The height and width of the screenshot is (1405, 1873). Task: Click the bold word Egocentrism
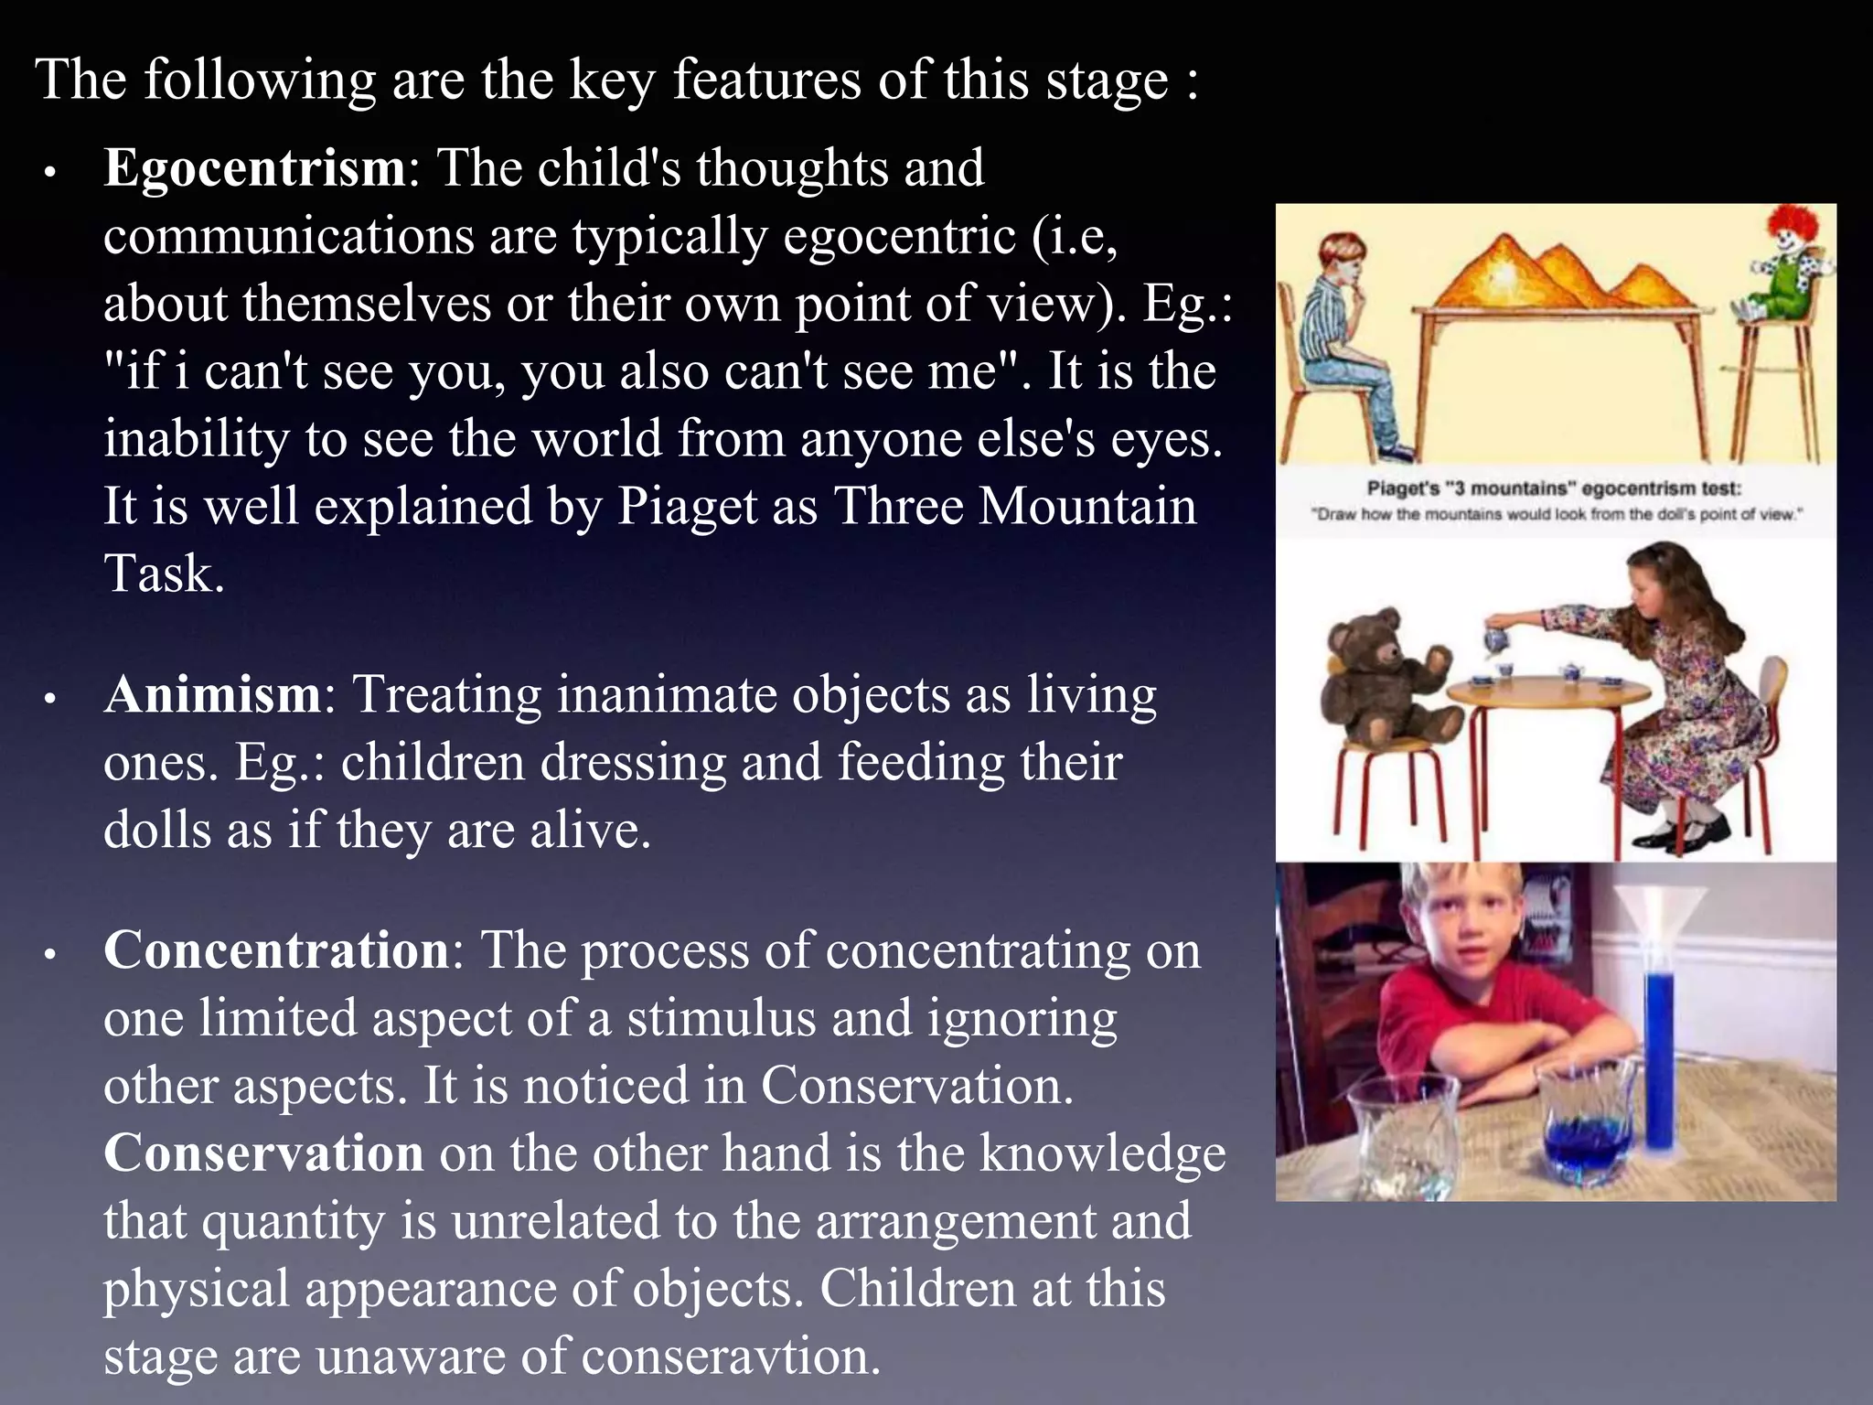[x=254, y=169]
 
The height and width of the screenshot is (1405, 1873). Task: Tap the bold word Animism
[x=212, y=695]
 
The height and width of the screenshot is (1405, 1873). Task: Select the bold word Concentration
[x=276, y=951]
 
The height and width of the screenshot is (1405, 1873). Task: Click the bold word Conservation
[x=263, y=1154]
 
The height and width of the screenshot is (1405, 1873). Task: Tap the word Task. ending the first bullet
[x=165, y=574]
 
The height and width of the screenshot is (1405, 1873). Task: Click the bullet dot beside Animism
[x=51, y=700]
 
